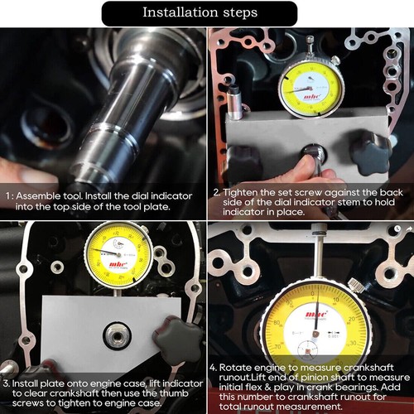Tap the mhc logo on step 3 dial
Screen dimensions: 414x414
coord(117,267)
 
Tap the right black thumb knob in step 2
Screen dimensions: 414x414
coord(369,152)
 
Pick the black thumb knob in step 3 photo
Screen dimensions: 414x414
coord(180,339)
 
